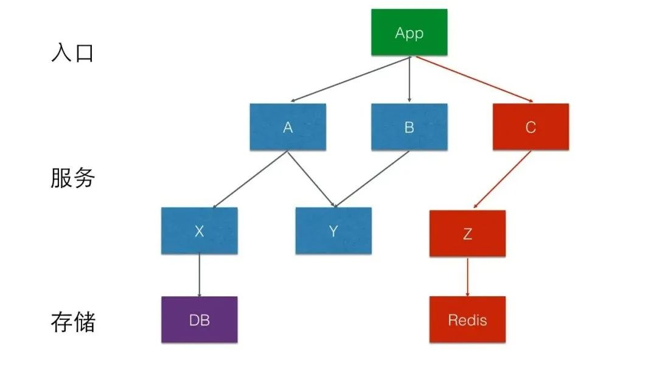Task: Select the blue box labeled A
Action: click(x=288, y=127)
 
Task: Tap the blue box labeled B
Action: click(x=409, y=127)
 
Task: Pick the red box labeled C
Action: click(x=530, y=127)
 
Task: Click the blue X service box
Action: click(x=200, y=231)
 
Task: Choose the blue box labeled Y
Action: click(x=333, y=231)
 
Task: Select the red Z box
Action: click(x=467, y=233)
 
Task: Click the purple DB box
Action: click(x=200, y=319)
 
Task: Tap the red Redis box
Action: click(x=467, y=319)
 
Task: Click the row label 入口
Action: click(x=72, y=53)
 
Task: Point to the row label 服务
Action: click(x=72, y=178)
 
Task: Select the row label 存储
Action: click(x=72, y=322)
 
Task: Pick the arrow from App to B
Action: click(x=409, y=79)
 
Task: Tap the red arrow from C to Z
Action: click(x=502, y=179)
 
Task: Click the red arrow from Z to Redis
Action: click(x=467, y=276)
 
